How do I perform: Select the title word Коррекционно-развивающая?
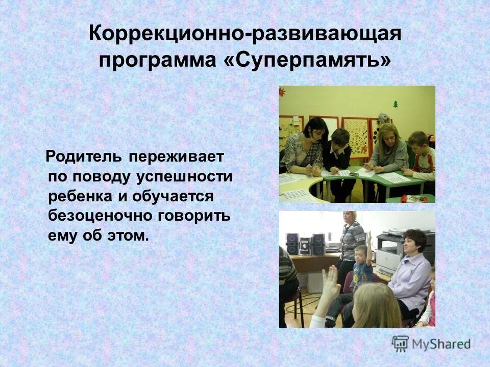coord(244,34)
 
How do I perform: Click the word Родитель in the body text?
coord(84,156)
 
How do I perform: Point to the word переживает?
coord(176,156)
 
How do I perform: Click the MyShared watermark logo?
coord(431,344)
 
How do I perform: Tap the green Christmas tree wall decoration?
coord(395,104)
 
